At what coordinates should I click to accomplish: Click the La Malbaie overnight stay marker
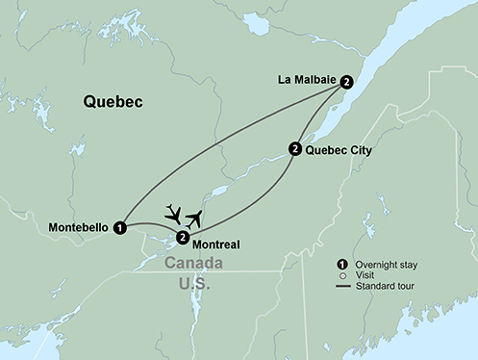pos(346,83)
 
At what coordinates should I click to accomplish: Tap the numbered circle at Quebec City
pos(294,148)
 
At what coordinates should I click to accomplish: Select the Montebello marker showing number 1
pos(119,228)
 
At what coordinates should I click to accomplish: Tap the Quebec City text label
pos(339,150)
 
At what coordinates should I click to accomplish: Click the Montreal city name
pos(216,244)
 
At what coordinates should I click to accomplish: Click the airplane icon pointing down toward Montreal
pos(174,212)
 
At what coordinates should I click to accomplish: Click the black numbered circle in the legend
pos(341,265)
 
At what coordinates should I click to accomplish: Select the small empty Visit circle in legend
pos(341,276)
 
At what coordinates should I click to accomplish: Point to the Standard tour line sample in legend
pos(341,288)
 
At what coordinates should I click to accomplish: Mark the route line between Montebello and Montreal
pos(149,227)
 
